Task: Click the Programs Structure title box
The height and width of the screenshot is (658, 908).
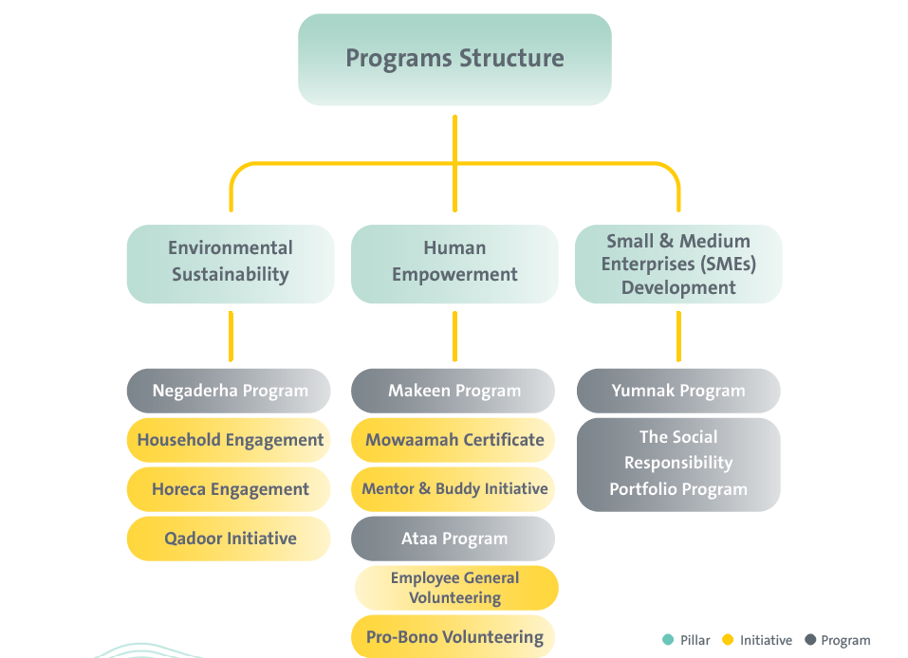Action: coord(454,59)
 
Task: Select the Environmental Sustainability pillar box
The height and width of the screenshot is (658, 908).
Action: coord(231,263)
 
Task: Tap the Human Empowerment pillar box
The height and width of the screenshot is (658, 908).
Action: coord(454,263)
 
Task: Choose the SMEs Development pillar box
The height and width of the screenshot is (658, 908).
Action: coord(678,264)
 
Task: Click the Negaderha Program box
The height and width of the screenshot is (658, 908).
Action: coord(230,391)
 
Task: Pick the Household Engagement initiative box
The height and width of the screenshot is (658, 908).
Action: coord(230,440)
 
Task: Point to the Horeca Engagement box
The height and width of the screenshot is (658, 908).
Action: coord(230,489)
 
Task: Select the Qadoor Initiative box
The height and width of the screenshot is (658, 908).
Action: coord(230,539)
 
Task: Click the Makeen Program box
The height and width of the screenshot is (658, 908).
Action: coord(454,391)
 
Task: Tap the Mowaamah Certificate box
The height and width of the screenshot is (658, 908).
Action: coord(454,440)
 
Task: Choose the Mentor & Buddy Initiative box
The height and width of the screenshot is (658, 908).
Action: coord(454,489)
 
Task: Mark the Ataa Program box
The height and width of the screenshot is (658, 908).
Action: coord(454,539)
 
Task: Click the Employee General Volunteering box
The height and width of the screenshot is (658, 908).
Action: coord(456,588)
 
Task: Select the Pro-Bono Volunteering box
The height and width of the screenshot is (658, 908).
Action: coord(454,637)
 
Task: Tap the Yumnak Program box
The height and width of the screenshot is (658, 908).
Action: coord(678,391)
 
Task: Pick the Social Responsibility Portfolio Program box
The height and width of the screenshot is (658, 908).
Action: coord(678,464)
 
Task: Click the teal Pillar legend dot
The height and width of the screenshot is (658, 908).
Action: coord(668,640)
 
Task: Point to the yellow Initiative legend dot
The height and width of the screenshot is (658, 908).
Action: coord(728,640)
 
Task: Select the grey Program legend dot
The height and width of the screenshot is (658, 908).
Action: coord(810,640)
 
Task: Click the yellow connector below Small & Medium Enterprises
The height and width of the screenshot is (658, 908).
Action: coord(678,337)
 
